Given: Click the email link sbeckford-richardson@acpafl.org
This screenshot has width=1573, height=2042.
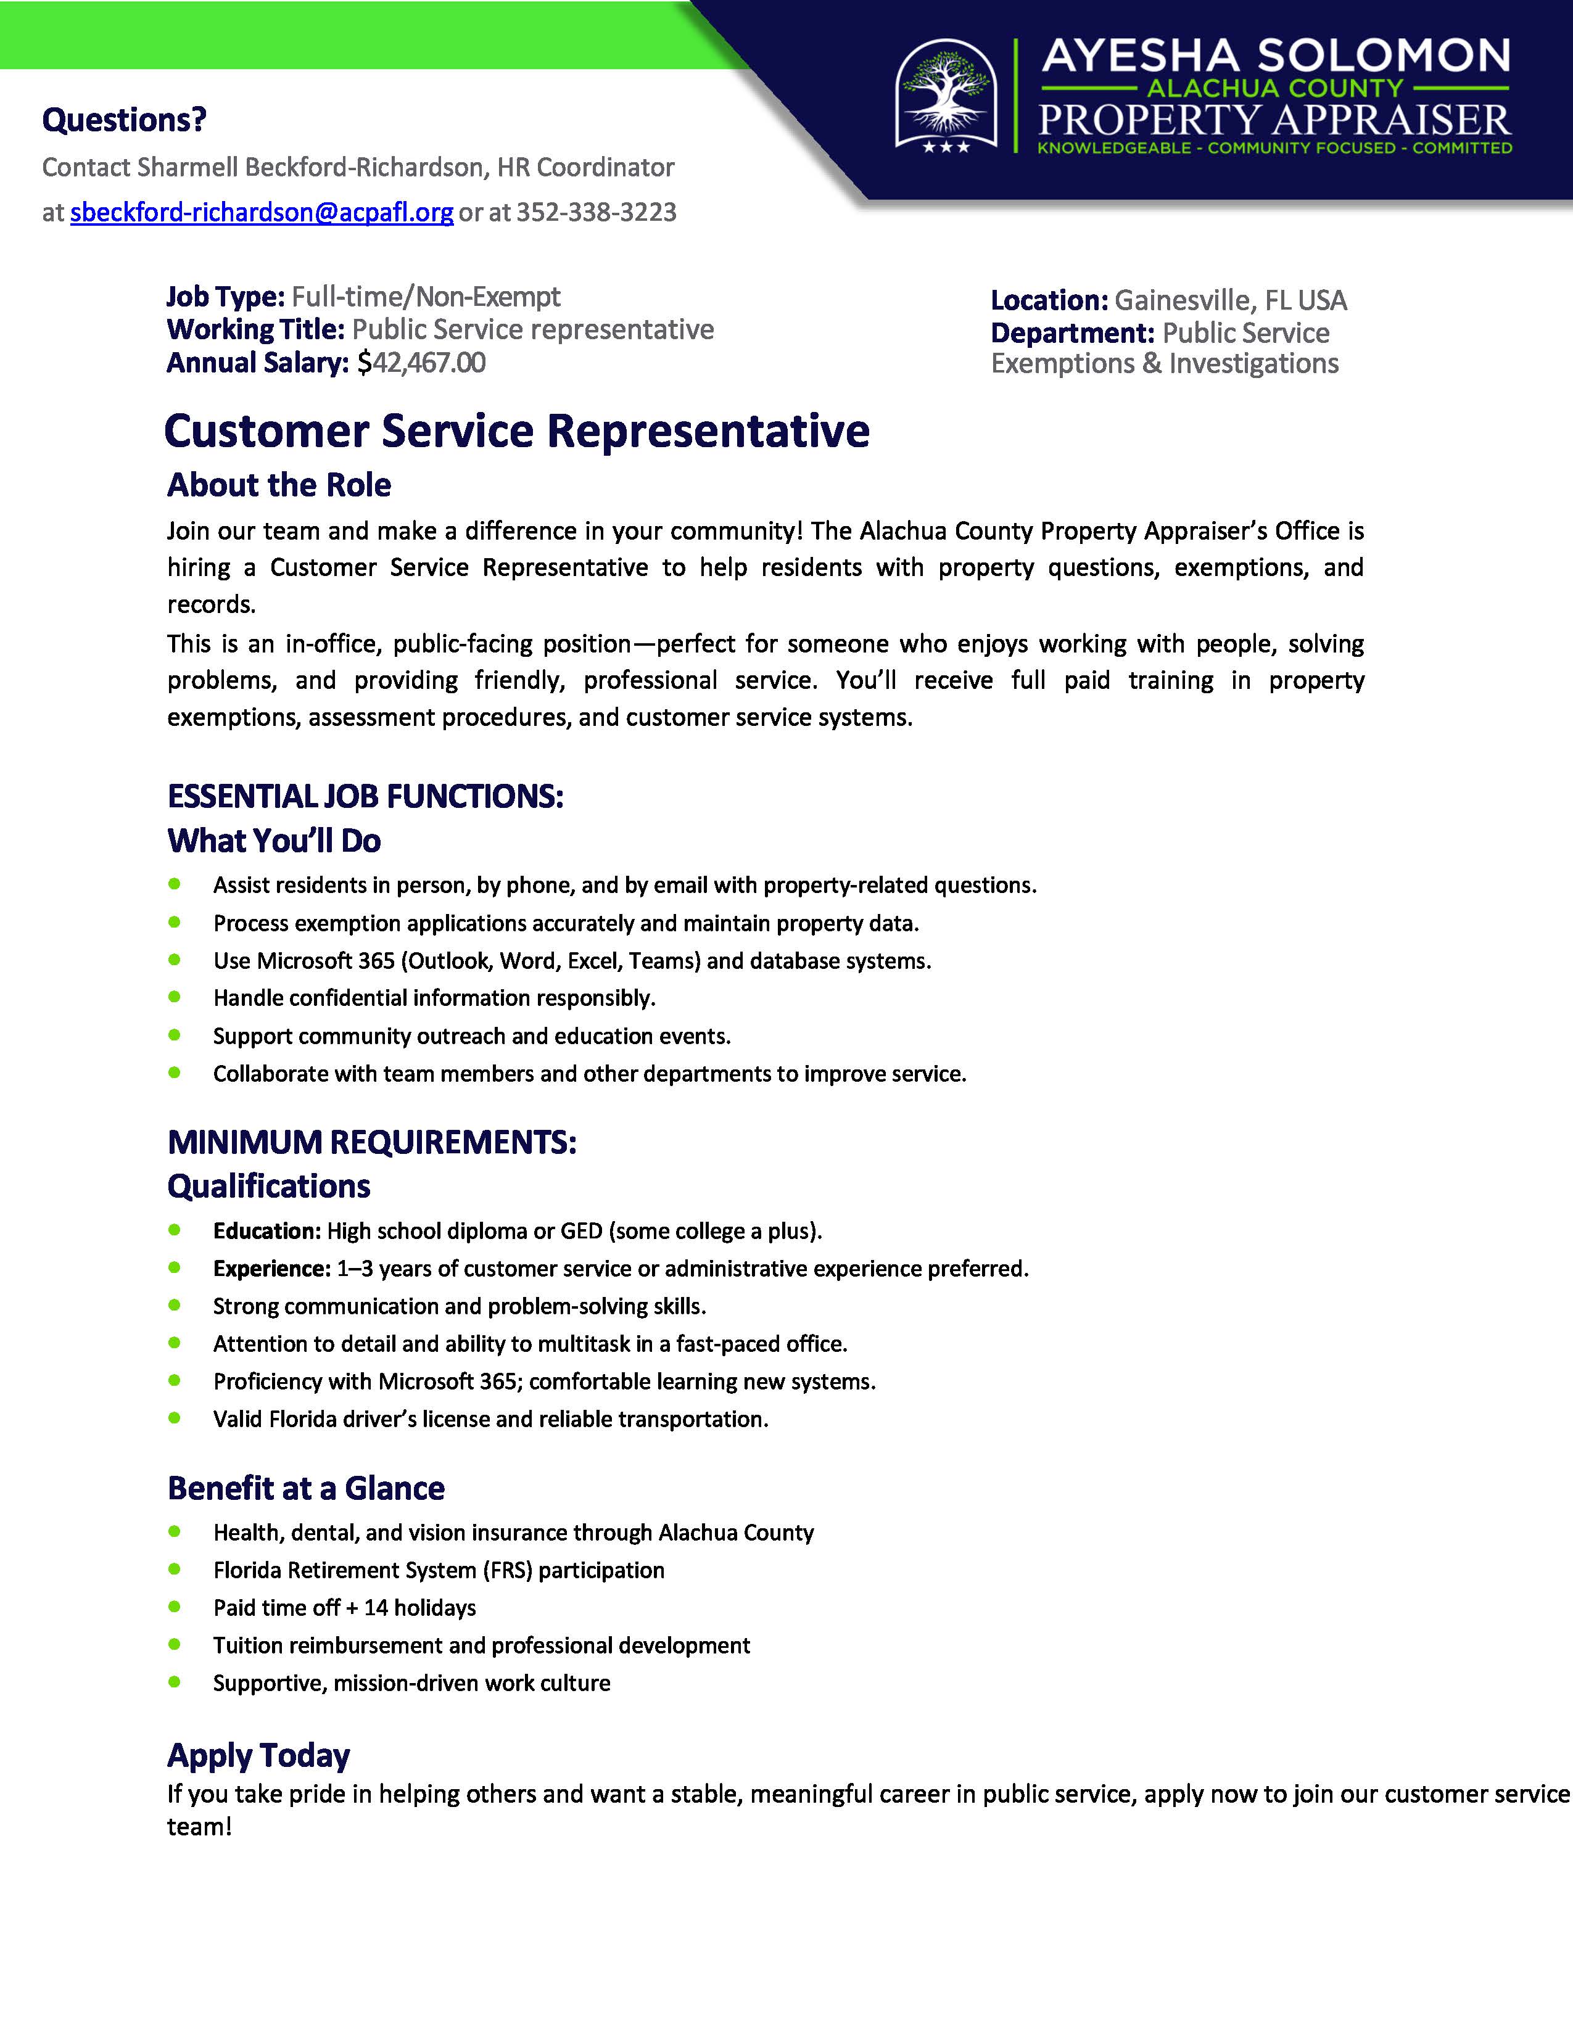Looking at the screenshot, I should pyautogui.click(x=262, y=212).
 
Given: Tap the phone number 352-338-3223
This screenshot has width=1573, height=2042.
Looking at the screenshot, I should pyautogui.click(x=596, y=212).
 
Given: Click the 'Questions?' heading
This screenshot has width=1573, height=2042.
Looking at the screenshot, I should pyautogui.click(x=125, y=120).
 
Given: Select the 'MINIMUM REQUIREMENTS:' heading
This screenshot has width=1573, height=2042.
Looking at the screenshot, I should pyautogui.click(x=371, y=1142).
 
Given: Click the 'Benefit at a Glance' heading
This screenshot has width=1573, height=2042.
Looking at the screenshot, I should pyautogui.click(x=306, y=1488).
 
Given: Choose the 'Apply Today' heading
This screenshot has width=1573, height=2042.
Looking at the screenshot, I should pyautogui.click(x=258, y=1755).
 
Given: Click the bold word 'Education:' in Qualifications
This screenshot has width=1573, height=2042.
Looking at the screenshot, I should pyautogui.click(x=266, y=1230).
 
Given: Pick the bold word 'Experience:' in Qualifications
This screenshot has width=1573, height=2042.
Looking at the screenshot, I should pyautogui.click(x=271, y=1268).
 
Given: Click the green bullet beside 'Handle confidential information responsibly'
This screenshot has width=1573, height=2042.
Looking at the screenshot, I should pyautogui.click(x=174, y=997).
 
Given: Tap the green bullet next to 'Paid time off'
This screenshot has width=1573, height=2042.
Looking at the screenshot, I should pyautogui.click(x=174, y=1607).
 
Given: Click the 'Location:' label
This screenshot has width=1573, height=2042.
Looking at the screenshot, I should pyautogui.click(x=1048, y=300).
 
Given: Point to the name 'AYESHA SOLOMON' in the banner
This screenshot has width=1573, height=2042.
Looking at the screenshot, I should pyautogui.click(x=1276, y=56).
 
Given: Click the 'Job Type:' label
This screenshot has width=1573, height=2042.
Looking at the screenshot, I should pyautogui.click(x=225, y=297).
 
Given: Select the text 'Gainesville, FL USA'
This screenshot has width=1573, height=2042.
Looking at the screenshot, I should pyautogui.click(x=1230, y=300).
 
